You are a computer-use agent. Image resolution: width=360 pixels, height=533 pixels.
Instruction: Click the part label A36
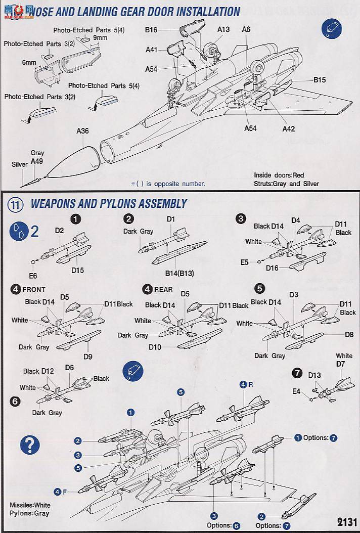point(82,131)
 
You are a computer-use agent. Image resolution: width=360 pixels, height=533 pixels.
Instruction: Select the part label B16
point(151,30)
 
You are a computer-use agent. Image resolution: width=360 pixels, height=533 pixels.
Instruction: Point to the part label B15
point(320,80)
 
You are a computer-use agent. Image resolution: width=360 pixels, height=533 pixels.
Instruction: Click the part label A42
point(288,129)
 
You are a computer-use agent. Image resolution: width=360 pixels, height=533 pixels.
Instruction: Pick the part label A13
point(223,29)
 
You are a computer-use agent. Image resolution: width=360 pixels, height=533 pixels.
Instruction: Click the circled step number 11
point(16,204)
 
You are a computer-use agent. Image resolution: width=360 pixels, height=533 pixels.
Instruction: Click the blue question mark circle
point(30,445)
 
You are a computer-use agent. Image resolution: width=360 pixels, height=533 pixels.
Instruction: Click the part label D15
point(77,271)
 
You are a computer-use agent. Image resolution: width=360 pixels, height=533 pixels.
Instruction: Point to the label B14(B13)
point(179,274)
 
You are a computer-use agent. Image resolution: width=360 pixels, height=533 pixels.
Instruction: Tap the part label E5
point(245,262)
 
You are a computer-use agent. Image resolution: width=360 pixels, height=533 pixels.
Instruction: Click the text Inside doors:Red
point(279,175)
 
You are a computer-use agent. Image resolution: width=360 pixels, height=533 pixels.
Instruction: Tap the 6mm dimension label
point(29,62)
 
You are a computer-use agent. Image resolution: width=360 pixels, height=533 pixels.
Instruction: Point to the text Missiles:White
point(30,505)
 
